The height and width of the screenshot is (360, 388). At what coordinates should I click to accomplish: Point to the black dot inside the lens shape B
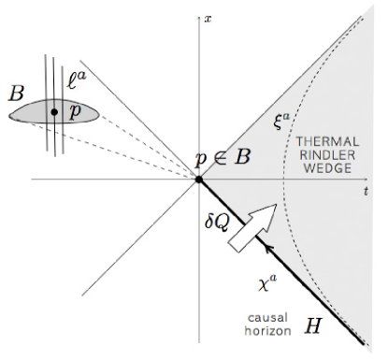pyautogui.click(x=55, y=112)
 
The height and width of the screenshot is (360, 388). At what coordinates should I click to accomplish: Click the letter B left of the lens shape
pyautogui.click(x=16, y=94)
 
